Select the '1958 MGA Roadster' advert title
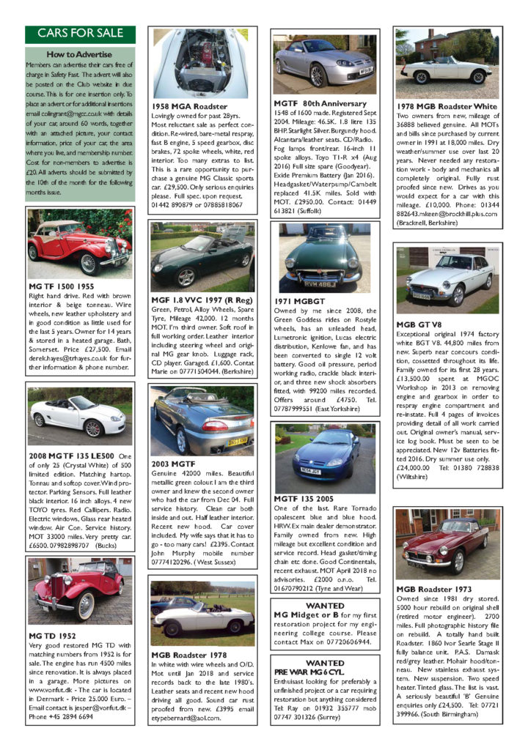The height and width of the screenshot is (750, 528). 191,106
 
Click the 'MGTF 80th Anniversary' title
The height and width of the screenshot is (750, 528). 320,104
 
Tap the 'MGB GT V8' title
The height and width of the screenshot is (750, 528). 422,324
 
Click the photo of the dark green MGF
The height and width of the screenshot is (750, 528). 202,256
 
